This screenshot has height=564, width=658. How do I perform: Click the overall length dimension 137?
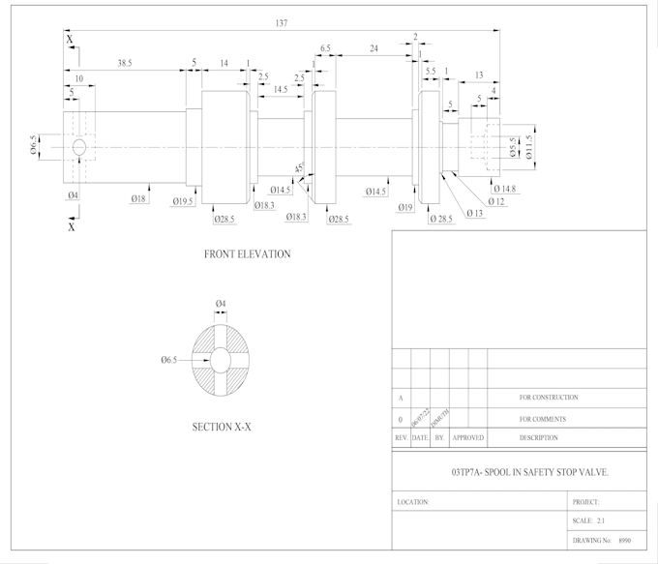pyautogui.click(x=282, y=22)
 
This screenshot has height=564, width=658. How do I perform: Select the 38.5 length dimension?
pyautogui.click(x=125, y=63)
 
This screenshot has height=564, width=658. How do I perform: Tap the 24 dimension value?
pyautogui.click(x=374, y=47)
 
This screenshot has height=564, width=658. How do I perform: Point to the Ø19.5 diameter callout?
pyautogui.click(x=185, y=201)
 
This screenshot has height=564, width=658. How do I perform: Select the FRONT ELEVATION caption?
pyautogui.click(x=247, y=254)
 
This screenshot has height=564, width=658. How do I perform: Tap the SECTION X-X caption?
pyautogui.click(x=222, y=427)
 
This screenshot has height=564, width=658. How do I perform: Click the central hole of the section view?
pyautogui.click(x=221, y=360)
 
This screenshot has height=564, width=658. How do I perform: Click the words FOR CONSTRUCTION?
pyautogui.click(x=549, y=398)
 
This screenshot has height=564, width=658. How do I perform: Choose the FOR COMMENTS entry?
pyautogui.click(x=542, y=420)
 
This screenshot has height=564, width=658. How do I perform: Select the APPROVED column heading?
pyautogui.click(x=468, y=438)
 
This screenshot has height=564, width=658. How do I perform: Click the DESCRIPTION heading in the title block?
pyautogui.click(x=538, y=438)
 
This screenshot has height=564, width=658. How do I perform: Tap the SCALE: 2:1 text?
pyautogui.click(x=588, y=520)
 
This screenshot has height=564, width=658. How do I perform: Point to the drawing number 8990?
pyautogui.click(x=624, y=539)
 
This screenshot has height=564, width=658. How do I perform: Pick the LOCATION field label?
pyautogui.click(x=412, y=502)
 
